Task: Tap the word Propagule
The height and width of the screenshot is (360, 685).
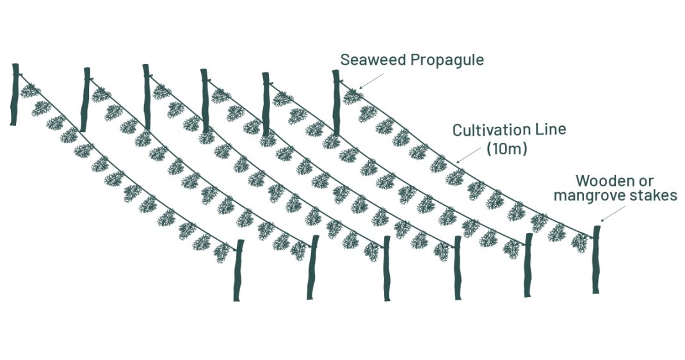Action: pos(447,61)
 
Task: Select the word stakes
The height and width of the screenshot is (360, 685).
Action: pos(657,195)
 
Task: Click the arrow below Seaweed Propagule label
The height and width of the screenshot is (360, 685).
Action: pos(371,80)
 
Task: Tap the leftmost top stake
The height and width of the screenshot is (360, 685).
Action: pos(15,94)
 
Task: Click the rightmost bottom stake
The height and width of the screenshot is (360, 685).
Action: pos(596,259)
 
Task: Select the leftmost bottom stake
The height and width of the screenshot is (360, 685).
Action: pos(238,270)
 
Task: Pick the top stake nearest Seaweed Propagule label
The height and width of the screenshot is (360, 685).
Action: pos(336,102)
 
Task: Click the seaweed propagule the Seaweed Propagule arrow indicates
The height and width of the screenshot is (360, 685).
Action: pos(351,97)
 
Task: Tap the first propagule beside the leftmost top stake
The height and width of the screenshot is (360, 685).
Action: pos(29,91)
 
